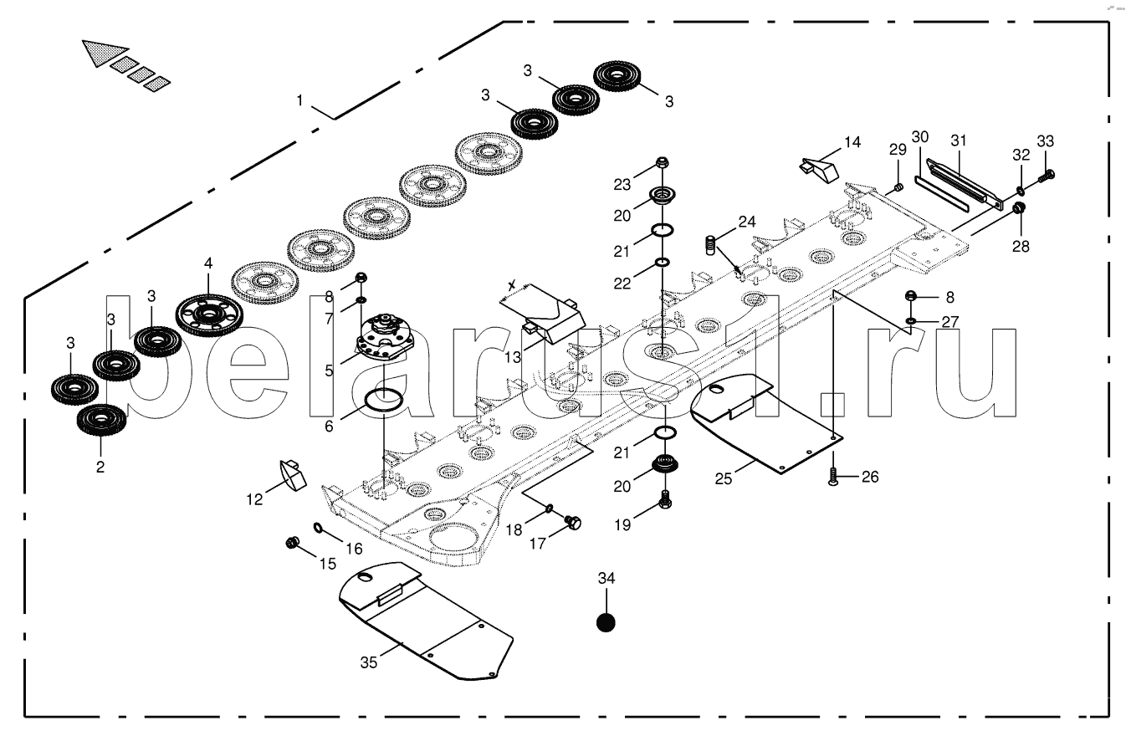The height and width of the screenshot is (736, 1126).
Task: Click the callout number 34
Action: click(607, 578)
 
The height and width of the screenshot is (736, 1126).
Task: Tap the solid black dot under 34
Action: click(606, 623)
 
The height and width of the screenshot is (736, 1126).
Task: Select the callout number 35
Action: click(368, 662)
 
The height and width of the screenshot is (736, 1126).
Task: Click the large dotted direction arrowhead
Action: click(105, 53)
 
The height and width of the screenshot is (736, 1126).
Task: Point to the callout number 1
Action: click(299, 100)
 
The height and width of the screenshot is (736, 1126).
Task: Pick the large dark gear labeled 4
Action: click(209, 315)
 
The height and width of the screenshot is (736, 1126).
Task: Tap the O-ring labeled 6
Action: click(383, 400)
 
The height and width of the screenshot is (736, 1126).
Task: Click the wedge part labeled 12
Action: click(293, 474)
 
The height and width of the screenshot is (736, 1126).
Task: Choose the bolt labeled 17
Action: click(572, 523)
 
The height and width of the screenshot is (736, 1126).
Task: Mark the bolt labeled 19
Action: click(665, 499)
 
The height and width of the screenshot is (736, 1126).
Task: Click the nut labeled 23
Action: click(662, 162)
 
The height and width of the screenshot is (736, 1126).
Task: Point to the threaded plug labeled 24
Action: click(710, 245)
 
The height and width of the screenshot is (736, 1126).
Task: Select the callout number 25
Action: click(724, 479)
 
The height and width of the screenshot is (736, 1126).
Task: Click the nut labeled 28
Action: click(1018, 207)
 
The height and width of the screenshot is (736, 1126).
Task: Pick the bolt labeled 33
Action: click(1046, 176)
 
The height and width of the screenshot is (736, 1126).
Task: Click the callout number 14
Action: click(852, 142)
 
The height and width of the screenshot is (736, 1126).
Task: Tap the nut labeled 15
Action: click(292, 543)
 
